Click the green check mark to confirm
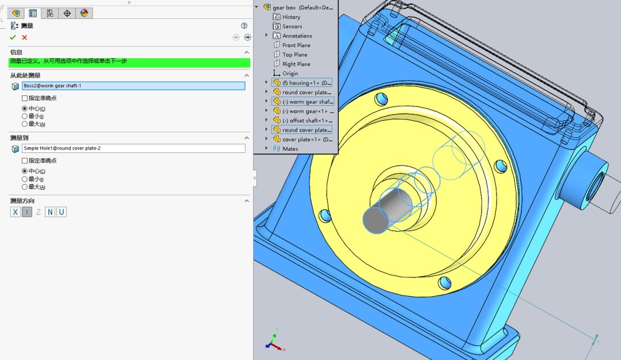coord(13,37)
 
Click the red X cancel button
coord(25,37)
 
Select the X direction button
coord(15,212)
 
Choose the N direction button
coord(50,212)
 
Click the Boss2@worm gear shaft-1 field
coord(133,86)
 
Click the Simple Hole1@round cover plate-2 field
coord(133,148)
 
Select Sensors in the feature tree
coord(292,26)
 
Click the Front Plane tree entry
coord(296,45)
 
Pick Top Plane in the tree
coord(294,55)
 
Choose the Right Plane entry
coord(296,64)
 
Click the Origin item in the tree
coord(290,74)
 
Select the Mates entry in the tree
coord(290,148)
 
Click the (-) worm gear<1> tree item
coord(308,111)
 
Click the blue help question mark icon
coord(244,26)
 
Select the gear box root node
coord(302,7)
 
